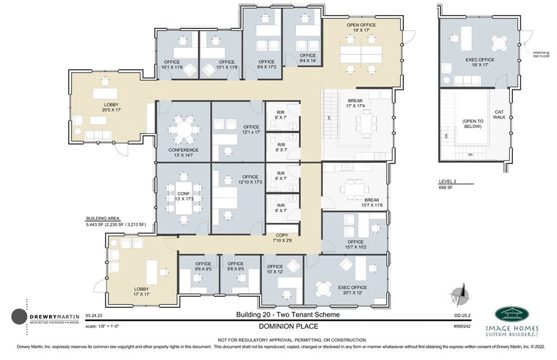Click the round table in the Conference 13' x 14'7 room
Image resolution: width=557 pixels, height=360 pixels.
click(183, 129)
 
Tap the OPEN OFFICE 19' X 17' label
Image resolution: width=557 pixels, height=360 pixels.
click(362, 28)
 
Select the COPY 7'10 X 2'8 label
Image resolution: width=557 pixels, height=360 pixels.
click(282, 238)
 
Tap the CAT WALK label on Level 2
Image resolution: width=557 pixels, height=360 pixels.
click(499, 114)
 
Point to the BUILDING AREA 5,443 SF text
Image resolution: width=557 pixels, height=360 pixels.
click(115, 222)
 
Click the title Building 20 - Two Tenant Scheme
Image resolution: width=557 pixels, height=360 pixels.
click(287, 314)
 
